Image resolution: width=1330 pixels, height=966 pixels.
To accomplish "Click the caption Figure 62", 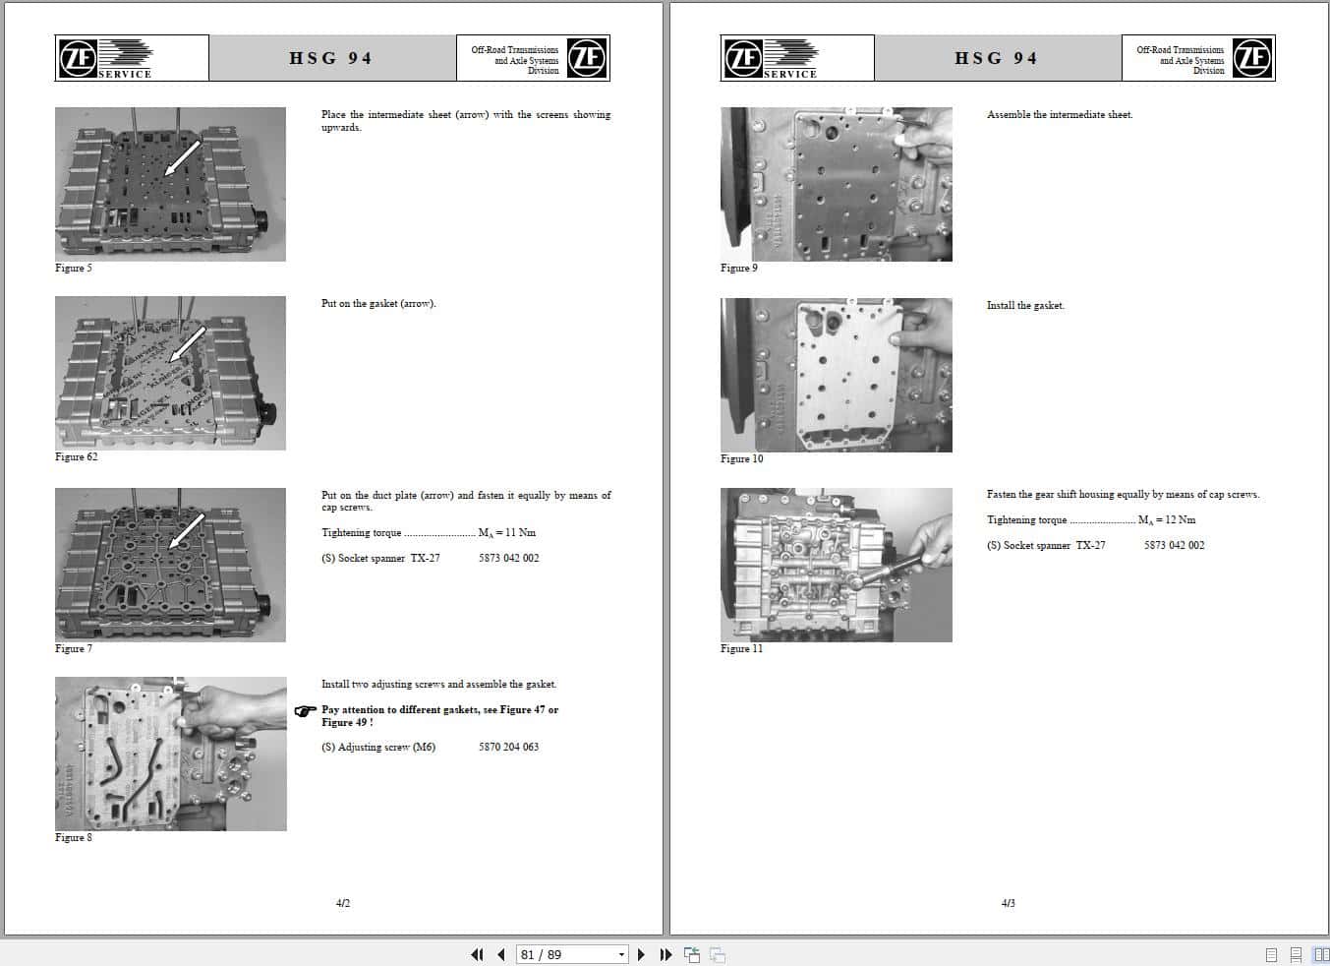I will point(76,456).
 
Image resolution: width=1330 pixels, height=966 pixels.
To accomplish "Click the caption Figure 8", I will point(73,837).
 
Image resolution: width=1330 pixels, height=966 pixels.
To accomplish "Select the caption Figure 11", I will point(740,648).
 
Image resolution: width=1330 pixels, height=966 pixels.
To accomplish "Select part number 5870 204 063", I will point(508,747).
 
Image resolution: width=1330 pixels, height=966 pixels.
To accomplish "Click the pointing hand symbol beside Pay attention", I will point(305,711).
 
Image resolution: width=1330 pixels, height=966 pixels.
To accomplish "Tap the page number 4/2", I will point(343,903).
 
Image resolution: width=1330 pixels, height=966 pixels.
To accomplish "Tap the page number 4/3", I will point(1008,903).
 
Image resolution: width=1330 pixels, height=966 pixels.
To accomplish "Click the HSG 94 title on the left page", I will point(330,58).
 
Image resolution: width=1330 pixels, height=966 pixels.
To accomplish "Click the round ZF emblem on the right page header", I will point(1252,58).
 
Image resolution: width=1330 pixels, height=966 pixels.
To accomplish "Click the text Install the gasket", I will point(1025,305).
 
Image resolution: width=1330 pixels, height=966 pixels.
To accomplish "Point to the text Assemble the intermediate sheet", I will point(1059,114).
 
